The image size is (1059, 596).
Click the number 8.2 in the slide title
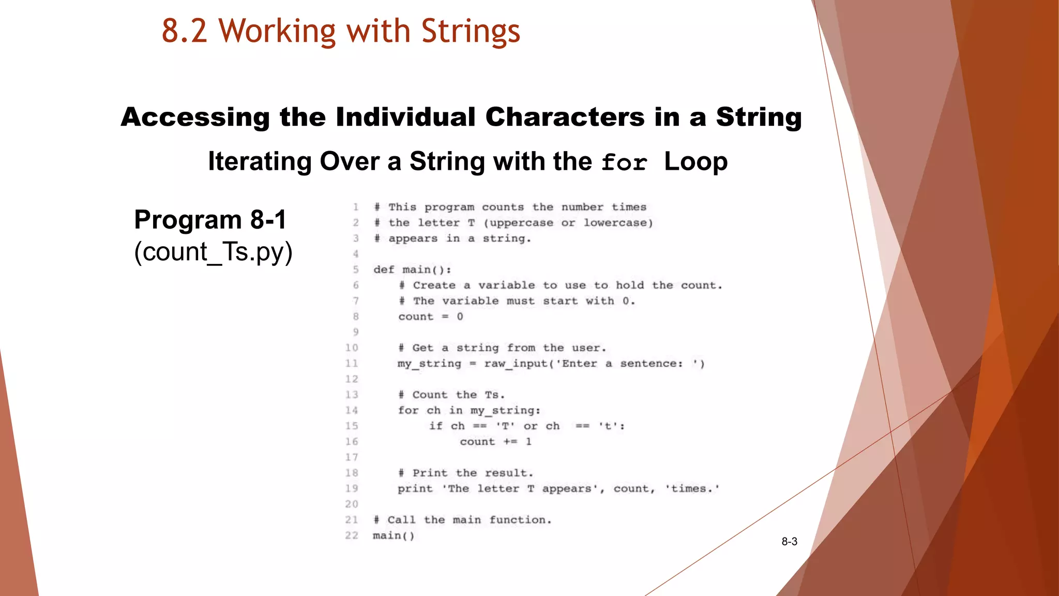tap(185, 31)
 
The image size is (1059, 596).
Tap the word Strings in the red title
tap(471, 31)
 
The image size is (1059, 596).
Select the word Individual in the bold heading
tap(405, 117)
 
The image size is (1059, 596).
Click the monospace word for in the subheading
tap(624, 163)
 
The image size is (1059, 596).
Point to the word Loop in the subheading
tap(695, 161)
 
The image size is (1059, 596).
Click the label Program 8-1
tap(210, 220)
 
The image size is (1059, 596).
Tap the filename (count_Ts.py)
tap(213, 252)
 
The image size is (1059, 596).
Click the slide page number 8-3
tap(789, 542)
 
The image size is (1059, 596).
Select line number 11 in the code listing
tap(352, 364)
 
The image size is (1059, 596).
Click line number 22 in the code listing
tap(352, 535)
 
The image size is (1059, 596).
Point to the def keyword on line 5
tap(384, 270)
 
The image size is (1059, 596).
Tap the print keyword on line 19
tap(415, 489)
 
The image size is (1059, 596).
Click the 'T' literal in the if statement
tap(505, 426)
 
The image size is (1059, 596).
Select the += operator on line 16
tap(510, 442)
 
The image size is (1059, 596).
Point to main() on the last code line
tap(394, 535)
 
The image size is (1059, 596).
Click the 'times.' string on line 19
tap(692, 489)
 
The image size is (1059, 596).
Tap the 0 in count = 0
tap(460, 317)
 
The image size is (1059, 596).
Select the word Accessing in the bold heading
tap(195, 117)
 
